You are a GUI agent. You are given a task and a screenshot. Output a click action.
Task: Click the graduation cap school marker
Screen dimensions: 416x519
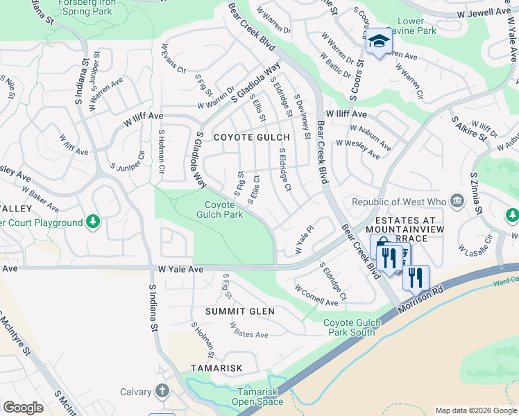(x=378, y=42)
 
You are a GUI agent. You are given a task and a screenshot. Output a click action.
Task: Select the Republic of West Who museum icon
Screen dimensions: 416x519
(x=457, y=202)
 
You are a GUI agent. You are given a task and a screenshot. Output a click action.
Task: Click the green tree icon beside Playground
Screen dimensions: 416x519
(x=93, y=223)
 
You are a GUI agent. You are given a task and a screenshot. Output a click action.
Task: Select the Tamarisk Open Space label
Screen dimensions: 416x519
(x=257, y=397)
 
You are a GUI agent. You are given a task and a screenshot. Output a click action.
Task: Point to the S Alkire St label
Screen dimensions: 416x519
(x=469, y=129)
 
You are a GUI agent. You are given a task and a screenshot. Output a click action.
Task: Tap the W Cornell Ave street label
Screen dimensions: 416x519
(x=316, y=295)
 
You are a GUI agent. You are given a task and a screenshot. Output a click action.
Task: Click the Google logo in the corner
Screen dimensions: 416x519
(x=23, y=408)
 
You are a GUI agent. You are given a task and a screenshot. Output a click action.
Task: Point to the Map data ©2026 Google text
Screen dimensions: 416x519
(x=476, y=410)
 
